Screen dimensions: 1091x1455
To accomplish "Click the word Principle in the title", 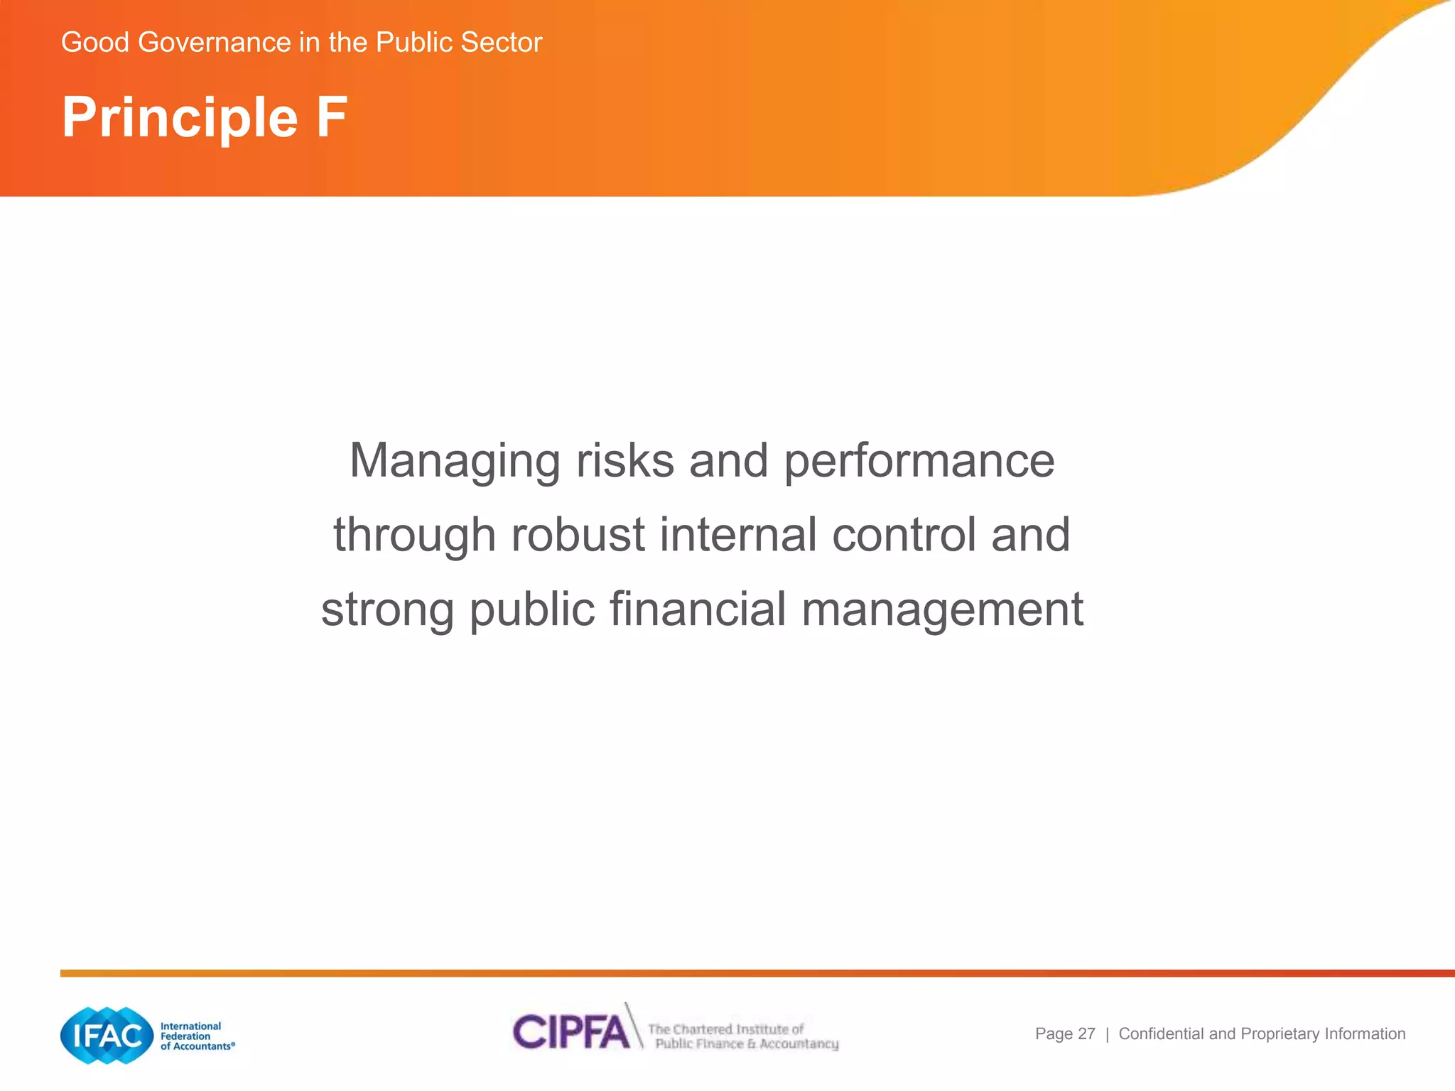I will click(x=180, y=118).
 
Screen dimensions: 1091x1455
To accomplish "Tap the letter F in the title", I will click(x=332, y=116).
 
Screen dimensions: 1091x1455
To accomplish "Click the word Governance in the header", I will click(x=215, y=43).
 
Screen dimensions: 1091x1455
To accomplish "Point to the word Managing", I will click(x=455, y=462).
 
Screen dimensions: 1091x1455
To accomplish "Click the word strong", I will click(x=387, y=611).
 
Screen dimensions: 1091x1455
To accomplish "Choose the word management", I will click(x=942, y=611).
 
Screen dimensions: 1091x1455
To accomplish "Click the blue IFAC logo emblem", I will click(x=107, y=1036).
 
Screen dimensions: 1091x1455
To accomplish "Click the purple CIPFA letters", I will click(x=571, y=1032).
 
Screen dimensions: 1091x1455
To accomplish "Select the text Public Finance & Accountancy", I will click(x=746, y=1044).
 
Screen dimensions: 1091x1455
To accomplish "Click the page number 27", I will click(x=1086, y=1034).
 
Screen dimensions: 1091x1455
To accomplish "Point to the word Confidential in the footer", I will click(x=1162, y=1034).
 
